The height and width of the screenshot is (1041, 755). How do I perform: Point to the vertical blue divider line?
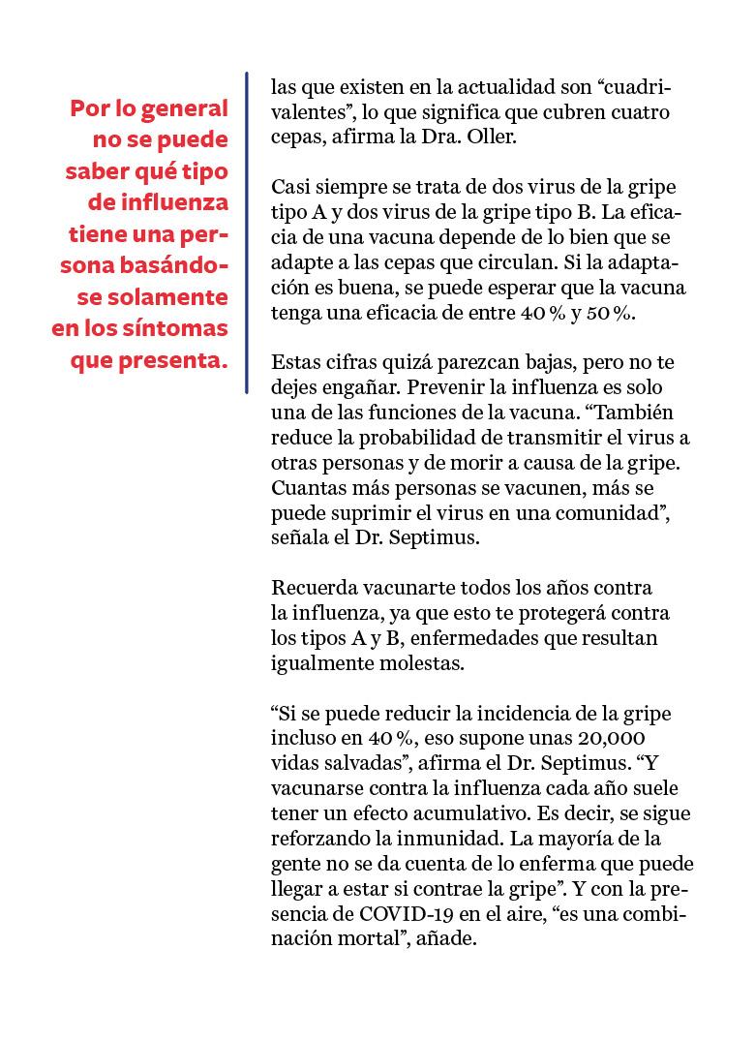247,232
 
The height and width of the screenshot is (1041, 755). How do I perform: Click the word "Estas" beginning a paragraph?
296,365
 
